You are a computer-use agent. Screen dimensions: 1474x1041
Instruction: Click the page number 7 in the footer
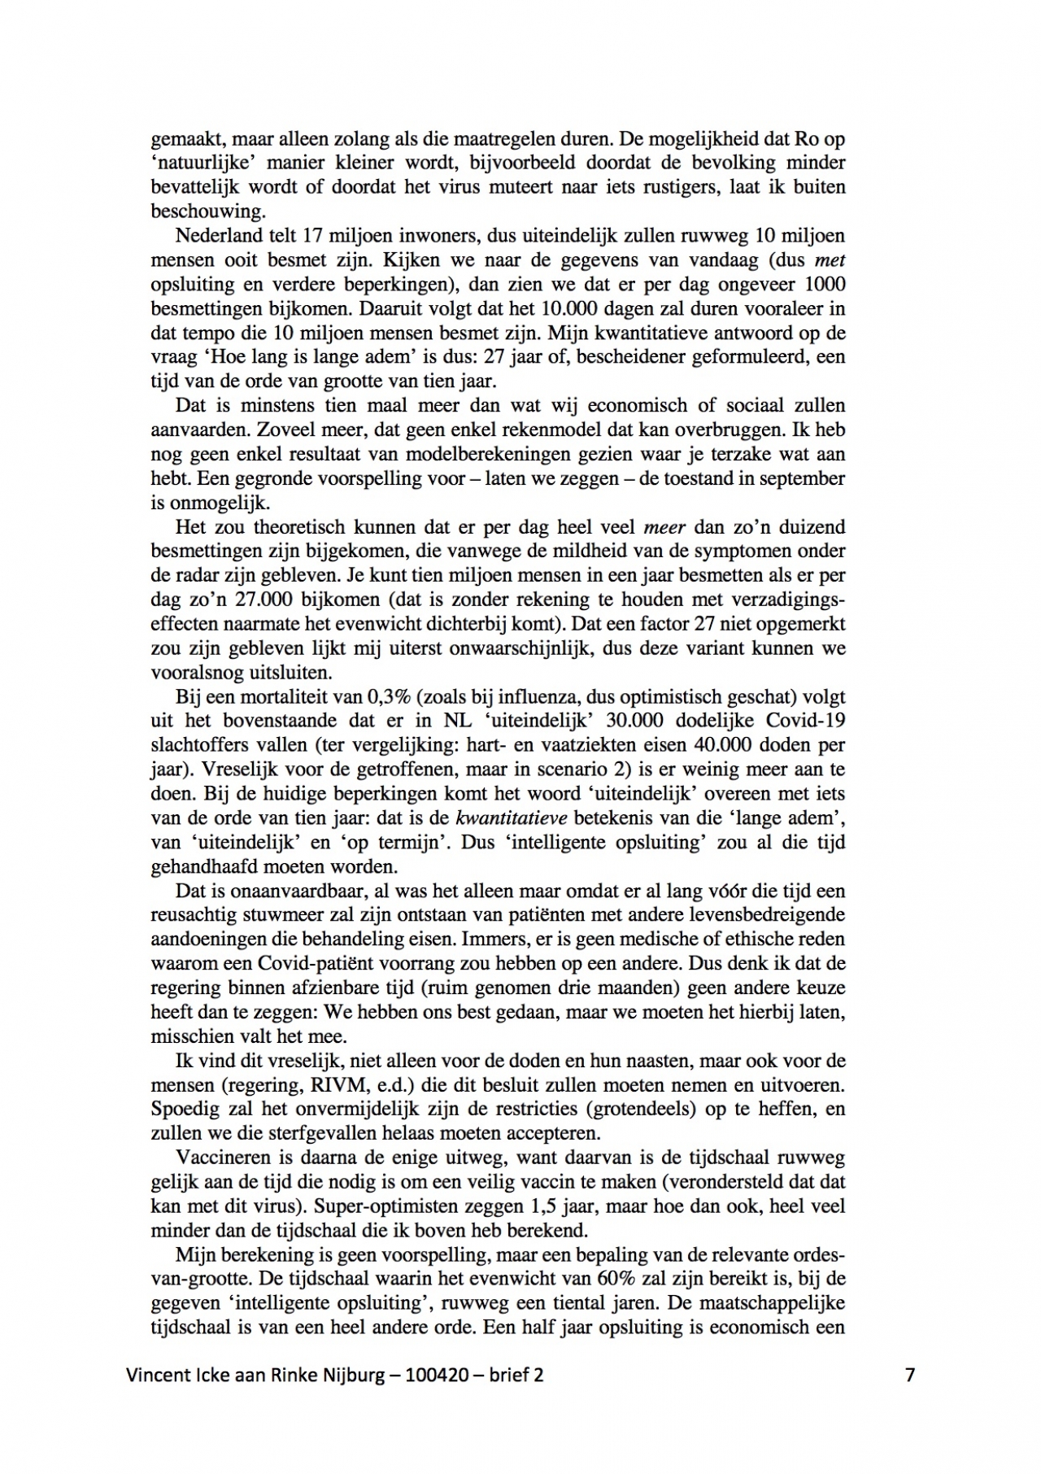click(910, 1375)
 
